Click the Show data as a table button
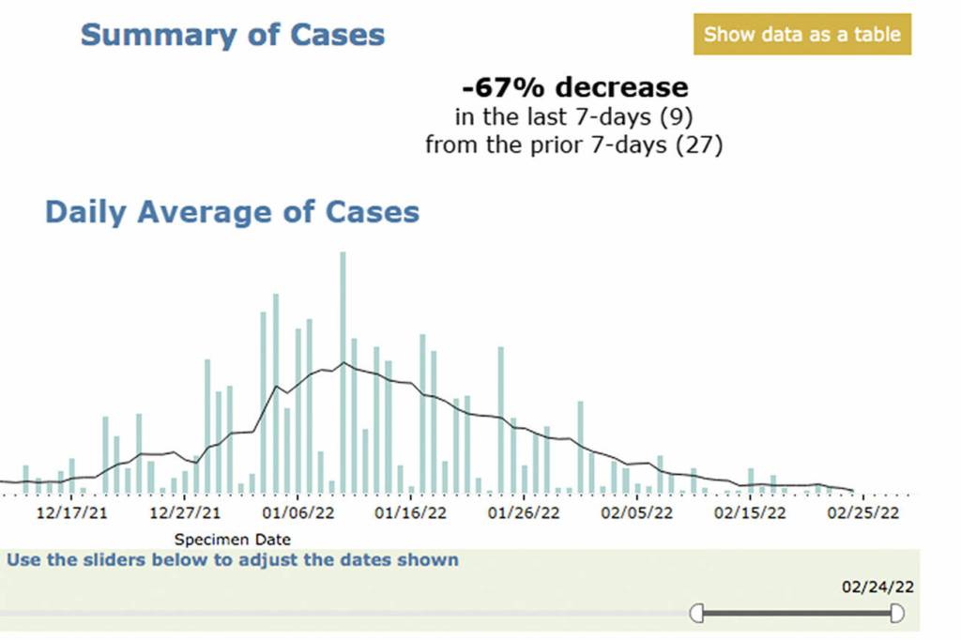(801, 35)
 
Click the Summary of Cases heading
(232, 36)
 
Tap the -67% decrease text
(574, 88)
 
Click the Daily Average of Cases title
(232, 211)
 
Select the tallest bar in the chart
(343, 371)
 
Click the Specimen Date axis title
(233, 540)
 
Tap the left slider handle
(696, 614)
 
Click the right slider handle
(897, 614)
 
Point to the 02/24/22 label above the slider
(877, 587)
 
